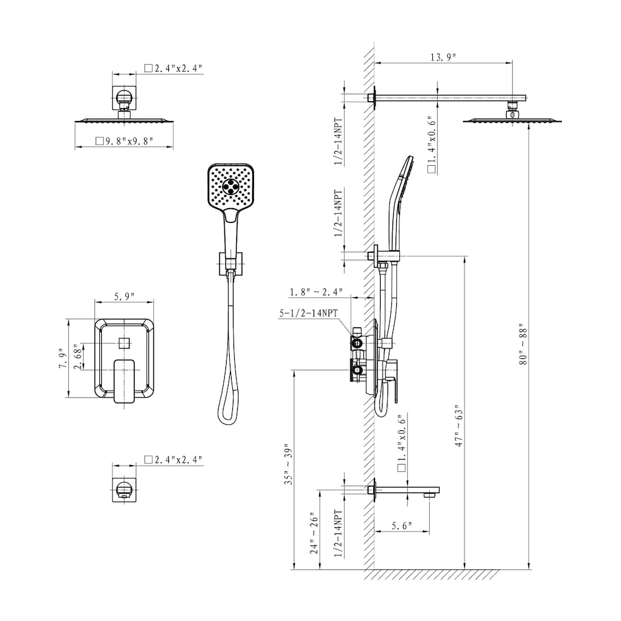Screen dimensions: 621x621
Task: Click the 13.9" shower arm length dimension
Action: click(x=443, y=57)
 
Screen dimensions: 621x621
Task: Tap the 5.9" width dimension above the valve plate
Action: click(x=124, y=297)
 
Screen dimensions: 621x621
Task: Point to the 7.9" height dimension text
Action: click(x=61, y=359)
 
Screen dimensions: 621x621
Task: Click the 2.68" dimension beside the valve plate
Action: click(x=78, y=359)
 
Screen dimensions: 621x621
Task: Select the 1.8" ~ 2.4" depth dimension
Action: click(x=315, y=292)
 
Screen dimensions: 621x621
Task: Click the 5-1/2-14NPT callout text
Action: click(x=308, y=314)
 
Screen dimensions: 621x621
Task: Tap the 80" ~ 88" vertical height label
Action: click(x=523, y=345)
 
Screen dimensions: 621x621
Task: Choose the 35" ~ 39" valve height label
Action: click(x=287, y=464)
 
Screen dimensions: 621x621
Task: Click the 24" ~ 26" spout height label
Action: click(x=314, y=534)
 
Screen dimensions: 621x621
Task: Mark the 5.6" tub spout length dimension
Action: click(x=402, y=526)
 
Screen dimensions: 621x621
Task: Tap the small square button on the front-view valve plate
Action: click(x=124, y=342)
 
